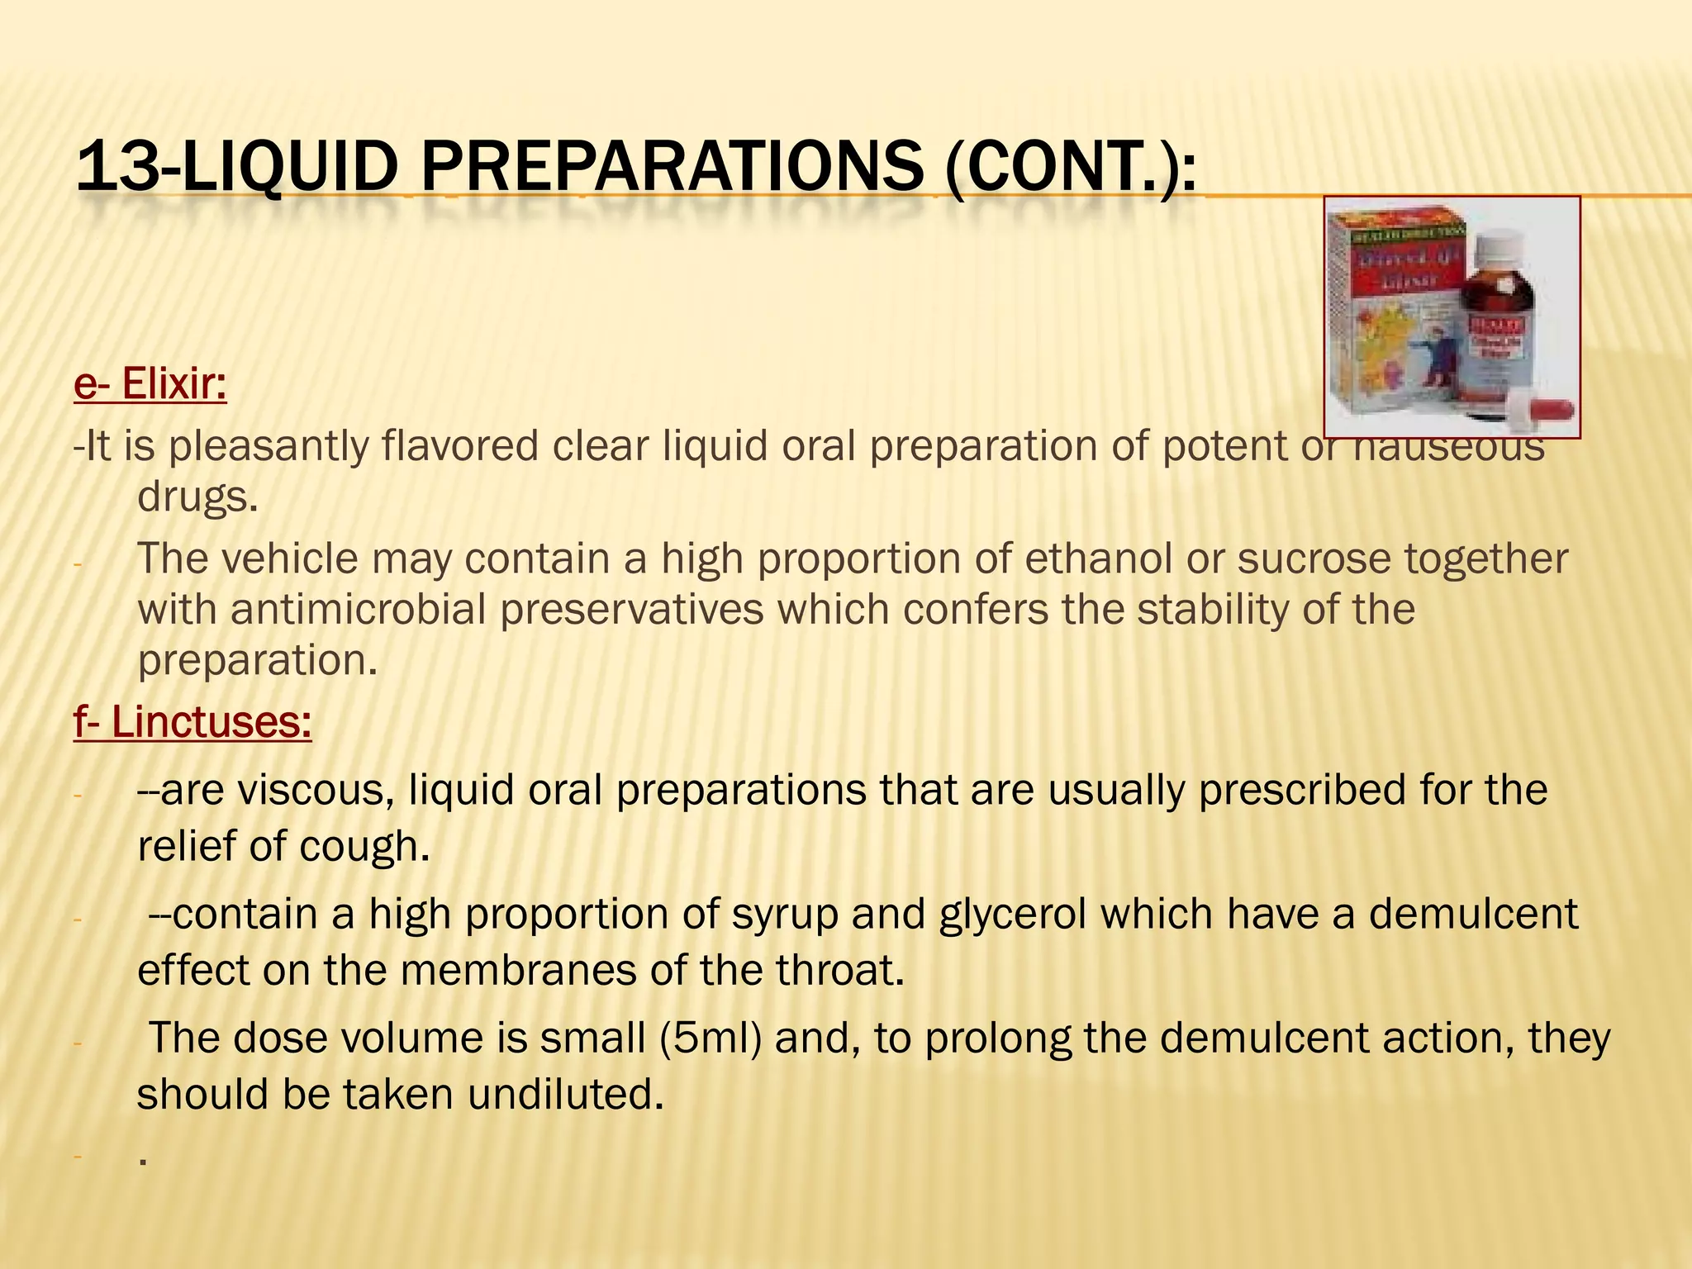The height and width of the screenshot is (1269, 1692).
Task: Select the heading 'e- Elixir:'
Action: (150, 383)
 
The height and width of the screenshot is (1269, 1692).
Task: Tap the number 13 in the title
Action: (116, 166)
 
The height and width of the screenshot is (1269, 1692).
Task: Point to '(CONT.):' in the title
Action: (1070, 166)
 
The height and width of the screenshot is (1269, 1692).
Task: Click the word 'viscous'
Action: (314, 790)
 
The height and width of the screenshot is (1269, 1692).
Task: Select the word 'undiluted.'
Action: (566, 1094)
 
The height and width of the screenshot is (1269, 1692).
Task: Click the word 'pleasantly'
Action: (269, 446)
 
